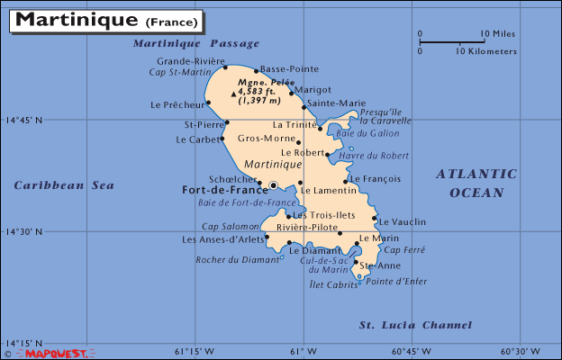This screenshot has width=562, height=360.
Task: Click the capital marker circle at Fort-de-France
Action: pos(274,185)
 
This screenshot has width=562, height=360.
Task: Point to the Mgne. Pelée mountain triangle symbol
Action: pos(234,94)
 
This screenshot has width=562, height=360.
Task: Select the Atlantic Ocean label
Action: pos(476,183)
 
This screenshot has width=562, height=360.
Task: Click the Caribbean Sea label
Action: pos(64,185)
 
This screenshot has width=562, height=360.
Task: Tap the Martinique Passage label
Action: pos(195,43)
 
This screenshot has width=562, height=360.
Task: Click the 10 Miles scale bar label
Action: pos(497,34)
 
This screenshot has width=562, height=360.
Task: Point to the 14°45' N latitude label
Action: pos(24,120)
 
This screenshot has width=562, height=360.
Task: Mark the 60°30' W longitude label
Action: pos(521,352)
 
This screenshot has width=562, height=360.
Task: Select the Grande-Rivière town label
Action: pos(186,61)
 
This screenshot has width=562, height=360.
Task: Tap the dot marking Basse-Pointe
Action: pos(257,71)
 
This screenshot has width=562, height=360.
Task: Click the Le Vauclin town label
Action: pos(403,221)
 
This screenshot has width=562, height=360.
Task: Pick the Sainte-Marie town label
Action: pos(336,103)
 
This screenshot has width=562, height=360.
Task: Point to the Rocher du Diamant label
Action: pos(236,260)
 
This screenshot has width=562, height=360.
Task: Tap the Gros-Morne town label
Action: pos(267,139)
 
